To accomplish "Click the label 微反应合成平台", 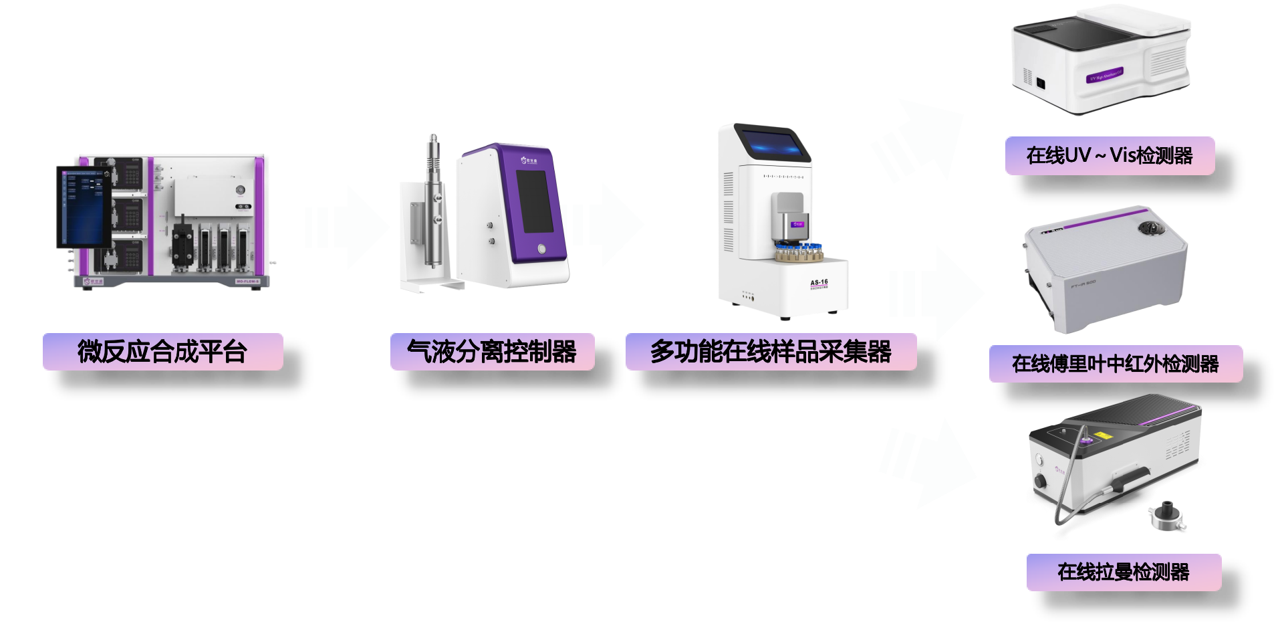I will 162,352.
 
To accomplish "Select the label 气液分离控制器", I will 492,352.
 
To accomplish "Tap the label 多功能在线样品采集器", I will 771,352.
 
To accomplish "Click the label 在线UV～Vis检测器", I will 1110,156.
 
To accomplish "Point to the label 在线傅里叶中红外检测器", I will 1116,364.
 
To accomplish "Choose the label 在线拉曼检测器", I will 1124,572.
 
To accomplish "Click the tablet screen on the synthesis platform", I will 83,206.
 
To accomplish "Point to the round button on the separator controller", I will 541,249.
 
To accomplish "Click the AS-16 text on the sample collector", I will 819,283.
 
